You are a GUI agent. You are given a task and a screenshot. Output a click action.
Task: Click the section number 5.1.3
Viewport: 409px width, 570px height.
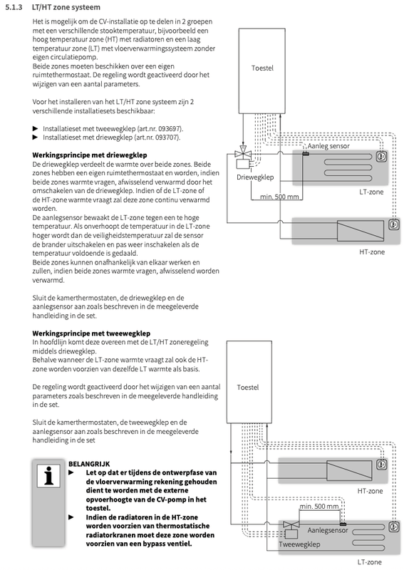pos(14,7)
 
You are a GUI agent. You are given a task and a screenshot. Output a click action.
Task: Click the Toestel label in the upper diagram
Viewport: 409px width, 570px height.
pos(262,68)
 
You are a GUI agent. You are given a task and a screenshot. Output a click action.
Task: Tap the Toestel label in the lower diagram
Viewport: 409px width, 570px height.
pos(247,387)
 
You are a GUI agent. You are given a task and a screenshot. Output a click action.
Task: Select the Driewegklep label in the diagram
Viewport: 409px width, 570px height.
pos(255,177)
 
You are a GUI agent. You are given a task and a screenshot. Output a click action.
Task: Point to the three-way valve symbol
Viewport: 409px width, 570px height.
pos(242,152)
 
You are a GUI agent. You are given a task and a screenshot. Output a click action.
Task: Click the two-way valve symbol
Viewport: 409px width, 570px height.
pos(291,524)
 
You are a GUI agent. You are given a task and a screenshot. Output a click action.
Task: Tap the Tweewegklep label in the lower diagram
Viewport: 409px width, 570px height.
pos(299,544)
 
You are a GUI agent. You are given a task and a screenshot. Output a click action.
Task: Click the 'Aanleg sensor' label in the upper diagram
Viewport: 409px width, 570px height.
pos(328,146)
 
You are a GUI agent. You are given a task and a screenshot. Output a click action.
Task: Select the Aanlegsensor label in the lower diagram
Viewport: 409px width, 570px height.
pos(328,530)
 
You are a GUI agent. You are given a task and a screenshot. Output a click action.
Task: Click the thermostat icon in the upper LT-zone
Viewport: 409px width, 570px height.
pos(381,157)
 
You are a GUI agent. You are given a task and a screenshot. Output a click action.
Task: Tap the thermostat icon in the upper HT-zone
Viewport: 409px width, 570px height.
pos(393,224)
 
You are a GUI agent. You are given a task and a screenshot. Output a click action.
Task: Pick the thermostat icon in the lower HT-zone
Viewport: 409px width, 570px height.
pos(381,465)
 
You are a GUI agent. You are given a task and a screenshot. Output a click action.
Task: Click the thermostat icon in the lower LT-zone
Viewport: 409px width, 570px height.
pos(393,527)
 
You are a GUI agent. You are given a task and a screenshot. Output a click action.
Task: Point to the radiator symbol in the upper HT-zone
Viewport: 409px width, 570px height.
pos(361,230)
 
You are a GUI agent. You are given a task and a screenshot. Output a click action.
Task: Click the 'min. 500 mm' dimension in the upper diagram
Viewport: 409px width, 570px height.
pos(279,197)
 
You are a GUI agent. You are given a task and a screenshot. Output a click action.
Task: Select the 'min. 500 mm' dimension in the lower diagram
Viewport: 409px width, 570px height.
pos(319,507)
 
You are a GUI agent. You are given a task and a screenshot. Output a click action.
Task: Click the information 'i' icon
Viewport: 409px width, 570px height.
pos(48,476)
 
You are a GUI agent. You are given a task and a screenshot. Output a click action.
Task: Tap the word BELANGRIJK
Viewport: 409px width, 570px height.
pos(89,464)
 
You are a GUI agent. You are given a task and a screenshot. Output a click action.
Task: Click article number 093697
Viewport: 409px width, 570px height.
pos(170,129)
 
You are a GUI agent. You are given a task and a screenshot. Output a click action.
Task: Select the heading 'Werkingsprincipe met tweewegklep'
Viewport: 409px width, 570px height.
pos(91,333)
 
